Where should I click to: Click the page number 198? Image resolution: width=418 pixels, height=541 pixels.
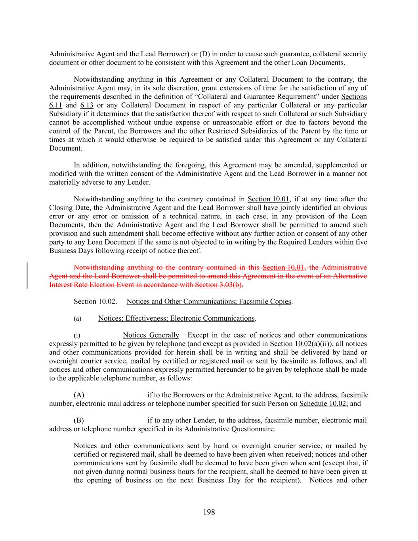[x=209, y=512]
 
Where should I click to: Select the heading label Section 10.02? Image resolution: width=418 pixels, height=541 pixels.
[x=95, y=302]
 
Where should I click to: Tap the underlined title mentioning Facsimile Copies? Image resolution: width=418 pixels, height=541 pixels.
[x=209, y=302]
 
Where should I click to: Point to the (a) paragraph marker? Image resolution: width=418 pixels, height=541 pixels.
[x=77, y=319]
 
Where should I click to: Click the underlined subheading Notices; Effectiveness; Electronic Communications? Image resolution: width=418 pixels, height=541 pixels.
[x=176, y=318]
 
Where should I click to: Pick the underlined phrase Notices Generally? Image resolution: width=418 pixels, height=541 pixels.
[x=151, y=335]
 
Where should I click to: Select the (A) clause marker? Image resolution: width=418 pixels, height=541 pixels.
[x=79, y=395]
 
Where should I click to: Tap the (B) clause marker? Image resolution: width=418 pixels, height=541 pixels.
[x=79, y=421]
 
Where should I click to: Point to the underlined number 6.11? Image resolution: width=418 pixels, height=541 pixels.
[x=55, y=105]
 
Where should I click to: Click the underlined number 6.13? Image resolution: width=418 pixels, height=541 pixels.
[x=86, y=105]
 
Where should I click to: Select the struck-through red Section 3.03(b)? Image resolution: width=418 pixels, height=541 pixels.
[x=219, y=285]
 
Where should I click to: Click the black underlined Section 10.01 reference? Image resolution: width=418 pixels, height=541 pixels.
[x=268, y=199]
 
